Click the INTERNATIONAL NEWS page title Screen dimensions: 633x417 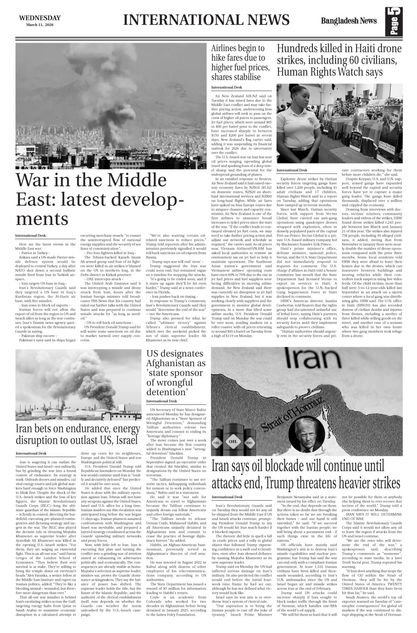pyautogui.click(x=206, y=20)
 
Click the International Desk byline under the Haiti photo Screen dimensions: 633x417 pyautogui.click(x=291, y=171)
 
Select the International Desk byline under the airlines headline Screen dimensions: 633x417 pyautogui.click(x=226, y=87)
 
